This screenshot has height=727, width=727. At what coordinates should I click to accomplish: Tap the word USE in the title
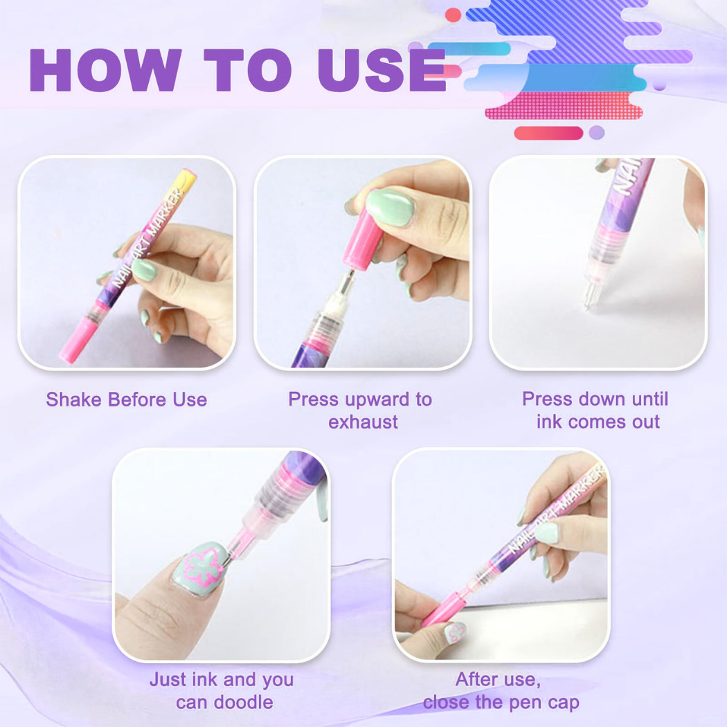[382, 70]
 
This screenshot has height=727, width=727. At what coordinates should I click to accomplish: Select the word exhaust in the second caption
[363, 422]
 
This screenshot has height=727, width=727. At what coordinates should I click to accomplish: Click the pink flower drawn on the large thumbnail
[203, 567]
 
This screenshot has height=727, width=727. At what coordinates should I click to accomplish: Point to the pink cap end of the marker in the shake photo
[80, 339]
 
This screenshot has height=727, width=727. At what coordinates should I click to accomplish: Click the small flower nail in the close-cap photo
[456, 632]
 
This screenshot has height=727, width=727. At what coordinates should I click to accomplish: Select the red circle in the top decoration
[453, 15]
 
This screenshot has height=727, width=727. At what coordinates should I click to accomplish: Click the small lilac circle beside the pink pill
[597, 133]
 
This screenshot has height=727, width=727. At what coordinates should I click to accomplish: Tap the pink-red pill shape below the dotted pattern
[548, 133]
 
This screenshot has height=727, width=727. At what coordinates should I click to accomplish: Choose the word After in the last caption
[475, 679]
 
